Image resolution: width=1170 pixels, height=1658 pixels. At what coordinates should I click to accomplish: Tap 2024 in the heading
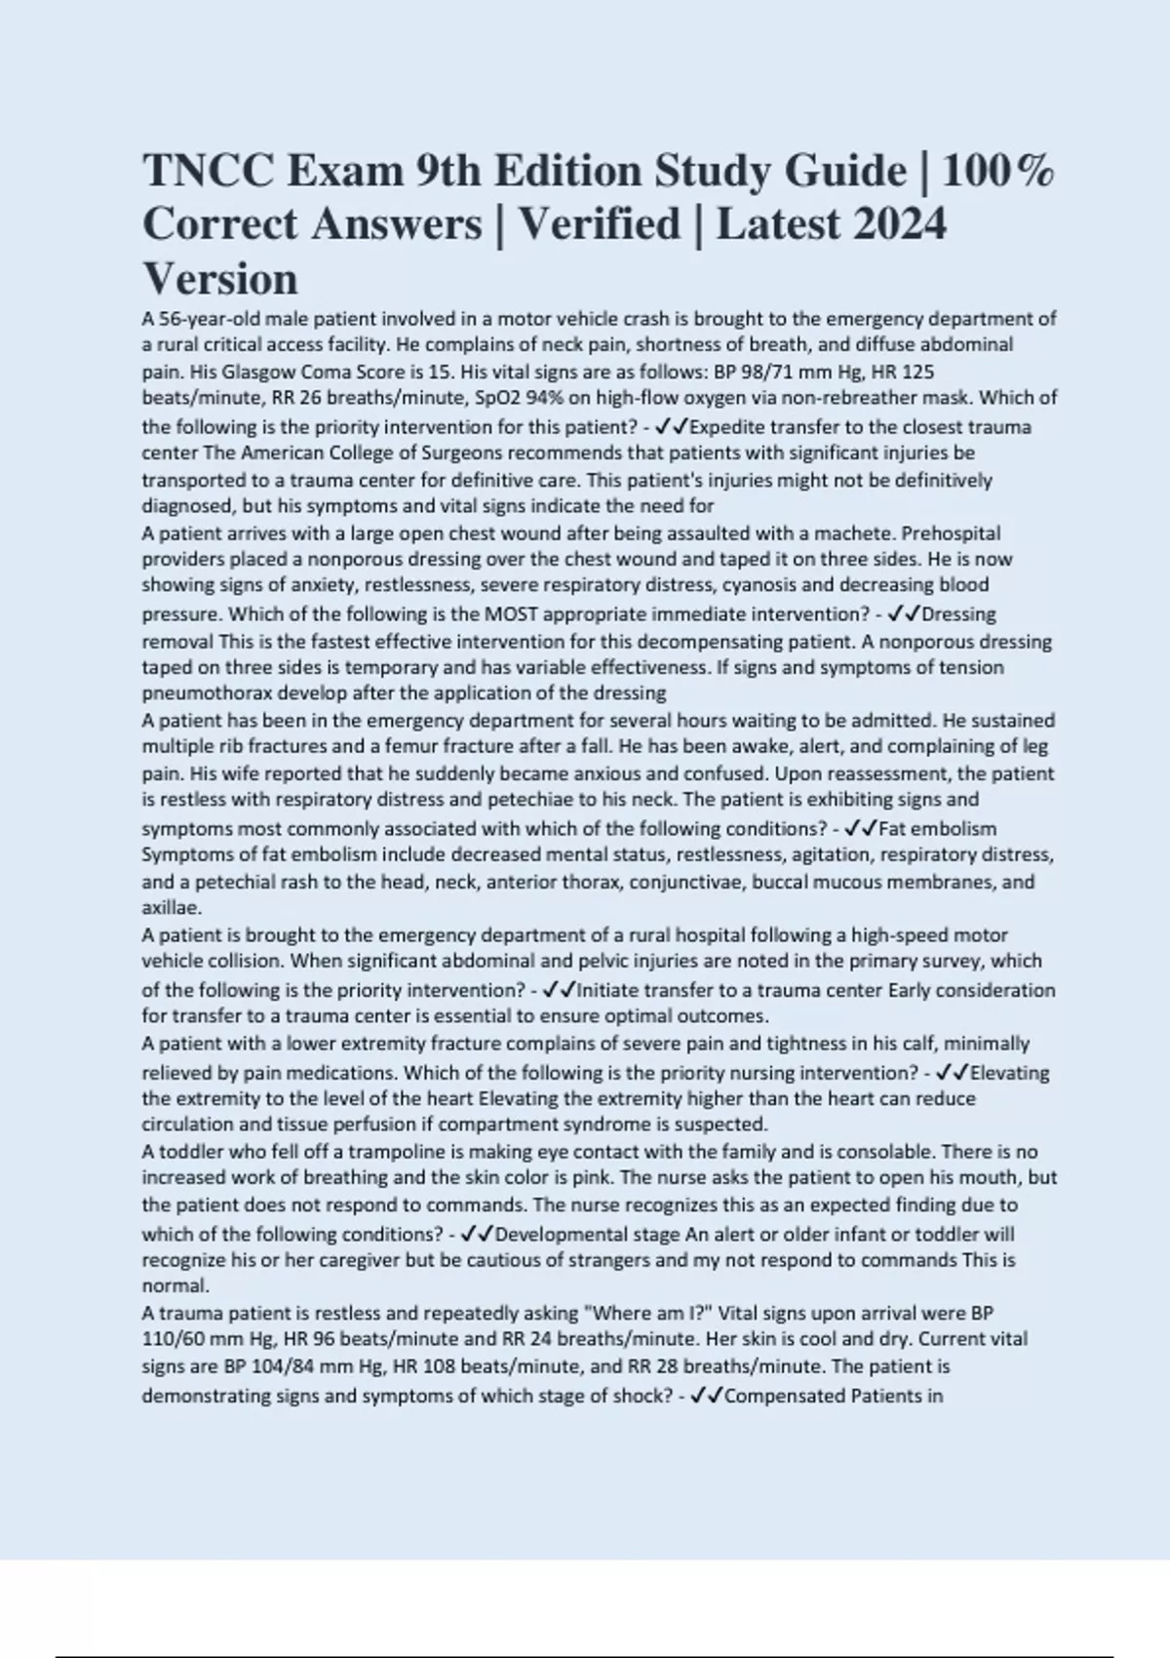click(899, 224)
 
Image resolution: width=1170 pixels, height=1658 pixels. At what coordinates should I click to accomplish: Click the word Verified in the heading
click(599, 224)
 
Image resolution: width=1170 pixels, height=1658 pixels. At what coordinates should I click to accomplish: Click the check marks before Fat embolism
click(860, 829)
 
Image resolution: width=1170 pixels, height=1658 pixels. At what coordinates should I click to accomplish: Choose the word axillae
click(171, 908)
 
